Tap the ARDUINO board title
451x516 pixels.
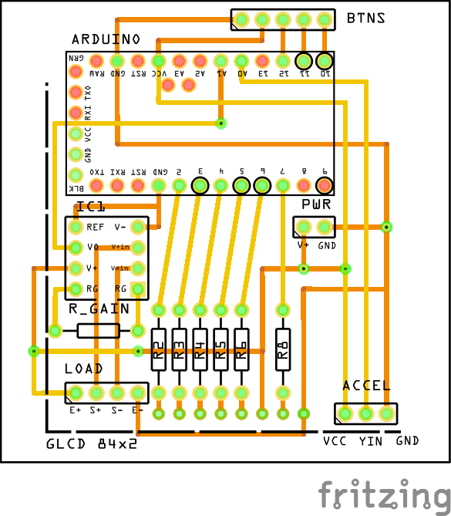point(106,39)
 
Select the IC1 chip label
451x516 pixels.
point(92,206)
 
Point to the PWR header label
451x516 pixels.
point(316,205)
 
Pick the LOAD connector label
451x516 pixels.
point(84,369)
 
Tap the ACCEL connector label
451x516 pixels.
point(366,386)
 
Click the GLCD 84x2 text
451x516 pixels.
point(91,444)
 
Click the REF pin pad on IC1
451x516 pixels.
point(76,227)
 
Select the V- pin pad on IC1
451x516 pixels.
point(138,227)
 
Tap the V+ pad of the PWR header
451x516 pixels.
point(305,227)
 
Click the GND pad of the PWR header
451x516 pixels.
point(325,227)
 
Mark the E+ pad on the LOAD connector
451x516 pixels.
point(76,393)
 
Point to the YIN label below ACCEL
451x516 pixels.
point(371,441)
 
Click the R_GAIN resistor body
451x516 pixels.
point(98,331)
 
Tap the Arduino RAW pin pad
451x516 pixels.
point(96,61)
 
